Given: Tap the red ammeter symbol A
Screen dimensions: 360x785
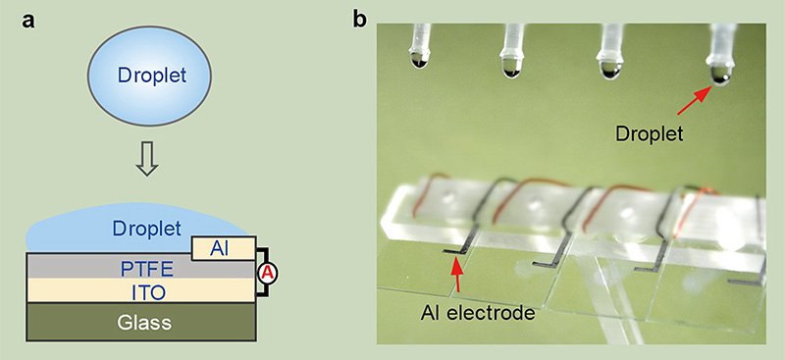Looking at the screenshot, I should coord(266,276).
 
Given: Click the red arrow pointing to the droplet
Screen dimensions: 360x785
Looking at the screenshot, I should coord(692,99).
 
